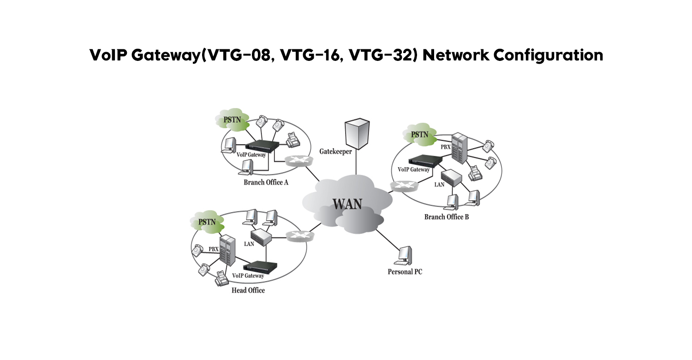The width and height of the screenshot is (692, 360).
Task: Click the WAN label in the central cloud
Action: (347, 204)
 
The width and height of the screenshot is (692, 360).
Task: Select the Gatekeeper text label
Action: (336, 151)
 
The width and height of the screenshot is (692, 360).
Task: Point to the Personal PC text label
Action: (405, 272)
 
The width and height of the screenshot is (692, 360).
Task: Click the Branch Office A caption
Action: (266, 182)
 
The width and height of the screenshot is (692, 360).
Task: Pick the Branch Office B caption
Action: (446, 216)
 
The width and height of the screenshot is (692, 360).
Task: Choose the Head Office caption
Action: (248, 290)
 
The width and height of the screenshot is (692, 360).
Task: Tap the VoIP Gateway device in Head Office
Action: (262, 266)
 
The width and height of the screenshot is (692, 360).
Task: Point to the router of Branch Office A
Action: (299, 161)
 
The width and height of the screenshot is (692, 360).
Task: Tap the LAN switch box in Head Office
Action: (262, 236)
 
